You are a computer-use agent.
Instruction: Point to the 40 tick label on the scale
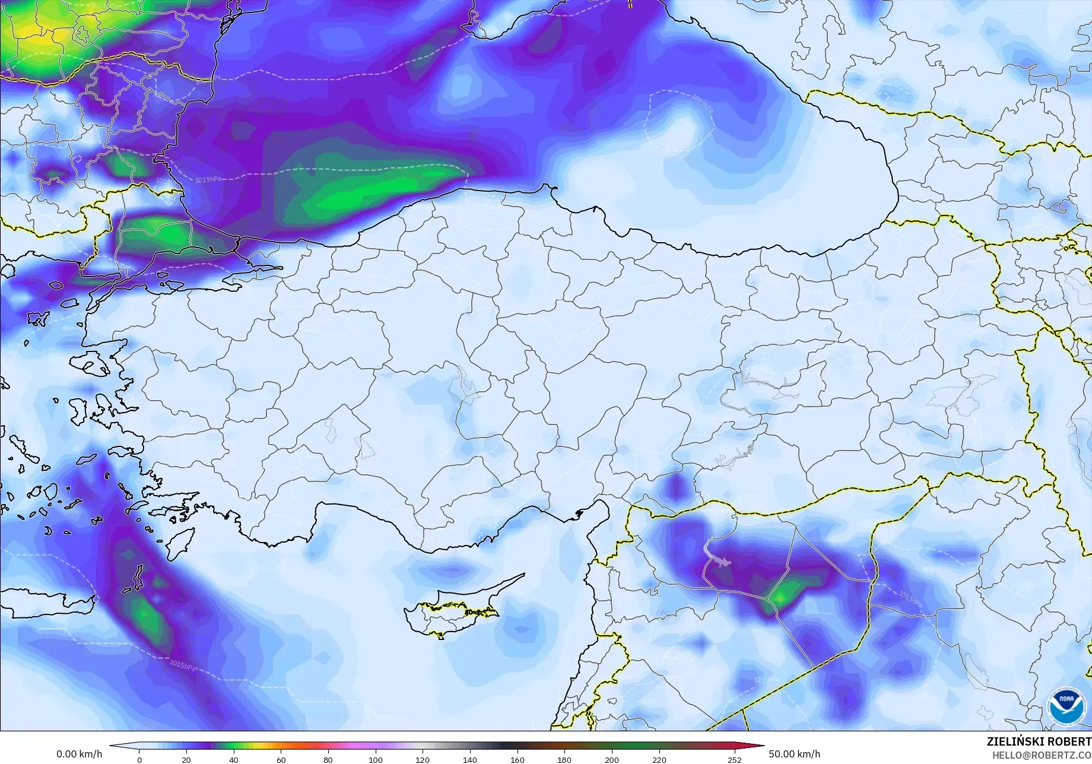[234, 760]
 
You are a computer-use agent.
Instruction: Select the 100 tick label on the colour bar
[375, 760]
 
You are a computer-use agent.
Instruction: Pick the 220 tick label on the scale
[659, 760]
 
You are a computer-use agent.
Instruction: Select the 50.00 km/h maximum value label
[795, 754]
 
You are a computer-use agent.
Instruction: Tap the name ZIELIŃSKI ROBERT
[1039, 741]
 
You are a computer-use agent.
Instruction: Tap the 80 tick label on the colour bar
[328, 760]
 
